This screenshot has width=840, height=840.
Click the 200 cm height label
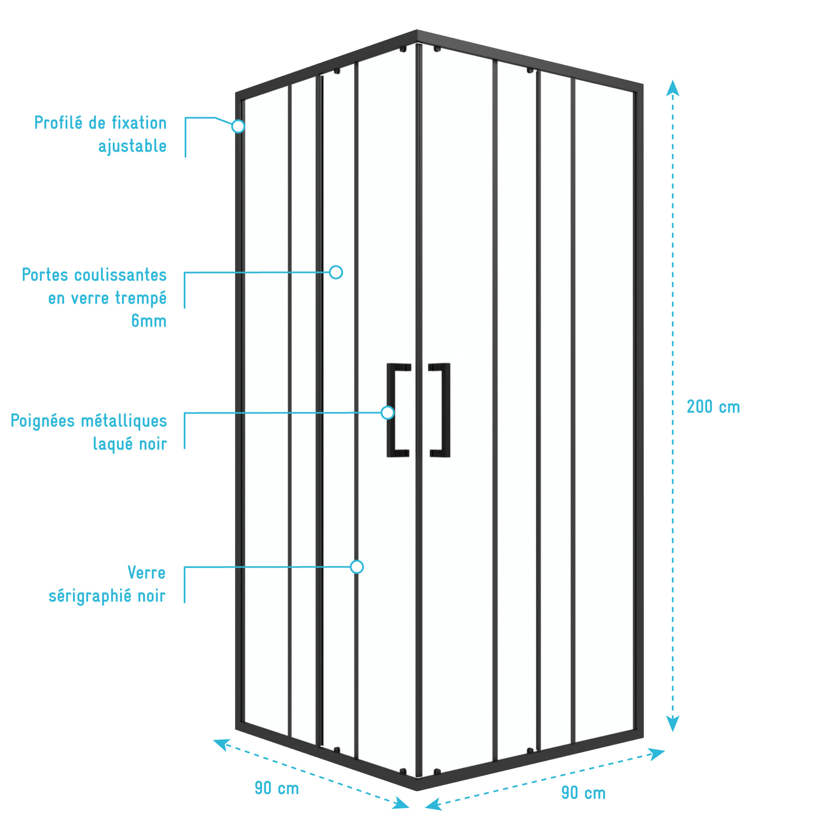click(x=713, y=407)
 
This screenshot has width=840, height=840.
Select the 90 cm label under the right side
click(x=584, y=792)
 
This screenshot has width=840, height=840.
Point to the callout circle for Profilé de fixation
click(x=238, y=126)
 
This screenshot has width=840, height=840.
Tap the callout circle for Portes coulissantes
click(x=336, y=272)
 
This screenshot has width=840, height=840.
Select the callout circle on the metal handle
click(x=387, y=412)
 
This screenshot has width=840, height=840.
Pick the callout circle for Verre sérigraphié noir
click(x=357, y=566)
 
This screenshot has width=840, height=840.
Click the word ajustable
click(x=132, y=146)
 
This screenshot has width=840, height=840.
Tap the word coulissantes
click(x=121, y=275)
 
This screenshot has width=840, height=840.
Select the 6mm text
click(x=149, y=321)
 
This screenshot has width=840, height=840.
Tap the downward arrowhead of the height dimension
click(x=673, y=724)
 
